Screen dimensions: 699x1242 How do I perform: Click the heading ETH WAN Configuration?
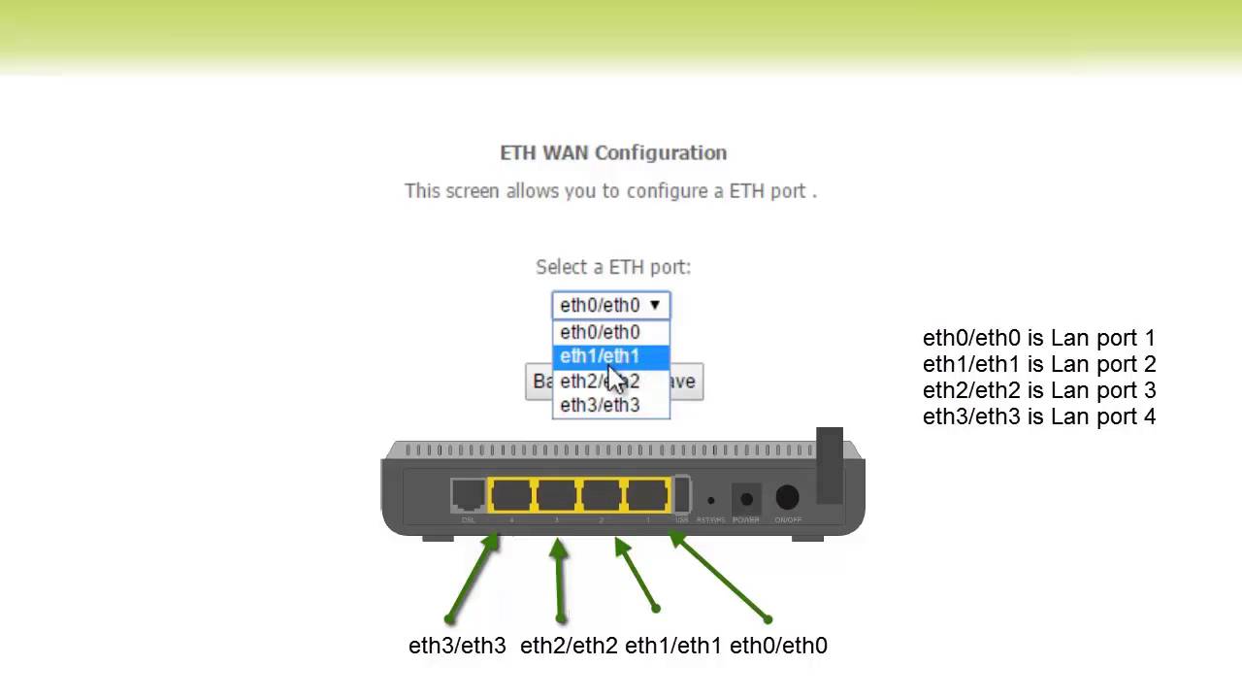coord(612,152)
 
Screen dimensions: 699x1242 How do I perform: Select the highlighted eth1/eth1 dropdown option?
coord(600,356)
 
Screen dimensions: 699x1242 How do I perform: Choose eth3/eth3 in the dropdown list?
coord(600,406)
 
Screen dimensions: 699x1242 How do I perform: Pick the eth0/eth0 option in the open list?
coord(600,332)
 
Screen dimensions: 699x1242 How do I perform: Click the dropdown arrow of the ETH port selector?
coord(655,305)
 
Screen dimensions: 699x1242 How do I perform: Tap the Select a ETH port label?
coord(612,267)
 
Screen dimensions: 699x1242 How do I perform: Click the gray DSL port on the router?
coord(468,495)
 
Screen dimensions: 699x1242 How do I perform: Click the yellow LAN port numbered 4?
coord(511,495)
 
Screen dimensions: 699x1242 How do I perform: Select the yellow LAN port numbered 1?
coord(646,495)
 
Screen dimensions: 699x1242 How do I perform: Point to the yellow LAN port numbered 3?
coord(556,495)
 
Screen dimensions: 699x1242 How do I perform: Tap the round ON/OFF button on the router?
coord(787,498)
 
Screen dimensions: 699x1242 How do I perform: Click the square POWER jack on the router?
coord(745,499)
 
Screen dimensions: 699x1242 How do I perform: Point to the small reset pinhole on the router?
coord(710,501)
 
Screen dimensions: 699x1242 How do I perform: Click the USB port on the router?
coord(681,495)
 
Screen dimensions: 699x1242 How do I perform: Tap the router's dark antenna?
coord(829,466)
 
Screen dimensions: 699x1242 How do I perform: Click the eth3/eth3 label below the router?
coord(457,646)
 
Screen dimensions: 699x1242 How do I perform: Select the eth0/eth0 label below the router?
coord(778,646)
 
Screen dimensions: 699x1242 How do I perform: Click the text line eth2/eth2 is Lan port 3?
coord(1038,390)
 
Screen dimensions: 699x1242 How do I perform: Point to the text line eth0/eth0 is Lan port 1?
coord(1038,338)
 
